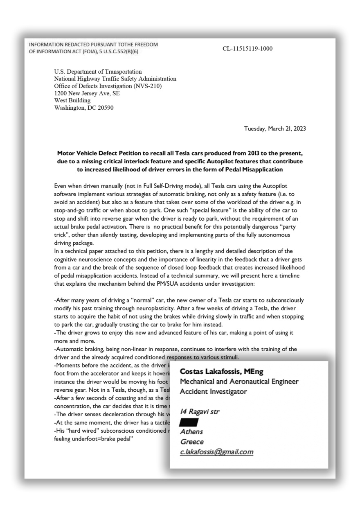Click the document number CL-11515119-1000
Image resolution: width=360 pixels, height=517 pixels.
(x=248, y=49)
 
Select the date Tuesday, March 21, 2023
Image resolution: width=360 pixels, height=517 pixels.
(x=275, y=129)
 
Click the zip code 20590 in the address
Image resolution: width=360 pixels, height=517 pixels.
(x=105, y=108)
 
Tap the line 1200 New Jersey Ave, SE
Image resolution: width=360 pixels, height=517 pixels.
(x=87, y=93)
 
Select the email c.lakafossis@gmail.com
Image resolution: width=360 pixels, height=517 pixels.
(x=216, y=452)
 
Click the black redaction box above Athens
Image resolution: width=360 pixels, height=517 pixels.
(x=189, y=422)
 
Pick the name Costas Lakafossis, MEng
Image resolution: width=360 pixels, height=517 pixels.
(x=221, y=372)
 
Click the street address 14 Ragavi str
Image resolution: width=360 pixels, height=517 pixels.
(x=200, y=411)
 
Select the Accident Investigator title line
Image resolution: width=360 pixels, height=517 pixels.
(x=213, y=392)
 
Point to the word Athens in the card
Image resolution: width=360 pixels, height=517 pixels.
(x=191, y=432)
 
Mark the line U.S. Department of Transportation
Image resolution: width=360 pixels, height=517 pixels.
(x=98, y=71)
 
